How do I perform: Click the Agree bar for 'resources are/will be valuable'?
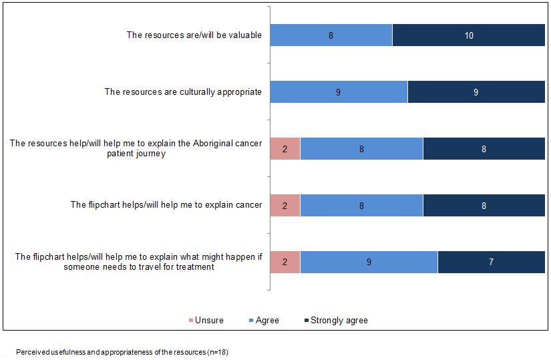coord(331,35)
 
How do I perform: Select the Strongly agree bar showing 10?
coord(469,35)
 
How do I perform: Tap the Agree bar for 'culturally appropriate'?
coord(339,92)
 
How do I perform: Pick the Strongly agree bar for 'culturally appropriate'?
coord(476,92)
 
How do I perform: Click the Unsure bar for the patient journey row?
coord(285,149)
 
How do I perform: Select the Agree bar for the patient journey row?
coord(361,149)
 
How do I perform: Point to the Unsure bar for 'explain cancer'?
coord(285,206)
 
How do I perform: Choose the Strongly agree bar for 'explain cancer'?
coord(484,206)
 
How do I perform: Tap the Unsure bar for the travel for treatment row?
coord(285,262)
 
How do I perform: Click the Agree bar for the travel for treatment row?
coord(369,262)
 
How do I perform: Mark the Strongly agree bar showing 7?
coord(491,262)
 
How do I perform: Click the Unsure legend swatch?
coord(190,321)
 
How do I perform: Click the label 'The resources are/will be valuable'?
coord(194,35)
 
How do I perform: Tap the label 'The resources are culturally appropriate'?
coord(183,92)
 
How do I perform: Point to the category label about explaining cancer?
coord(166,205)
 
